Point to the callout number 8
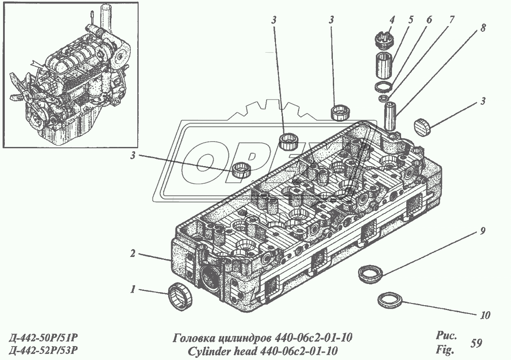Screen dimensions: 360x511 (483, 27)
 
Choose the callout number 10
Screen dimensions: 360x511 (485, 315)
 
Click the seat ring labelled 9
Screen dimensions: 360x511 (370, 274)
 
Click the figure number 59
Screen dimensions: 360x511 (476, 343)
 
